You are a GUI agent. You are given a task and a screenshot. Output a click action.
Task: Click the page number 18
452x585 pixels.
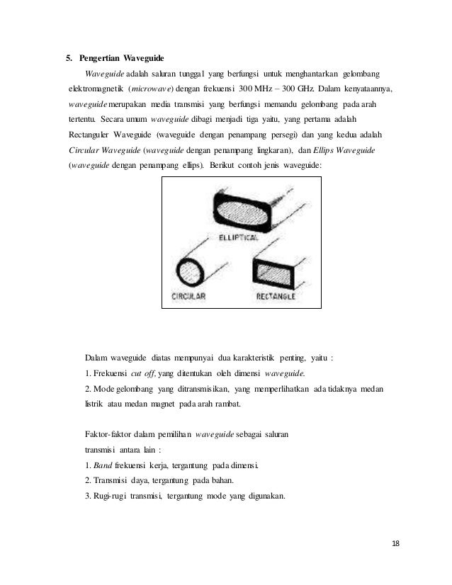pos(395,543)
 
